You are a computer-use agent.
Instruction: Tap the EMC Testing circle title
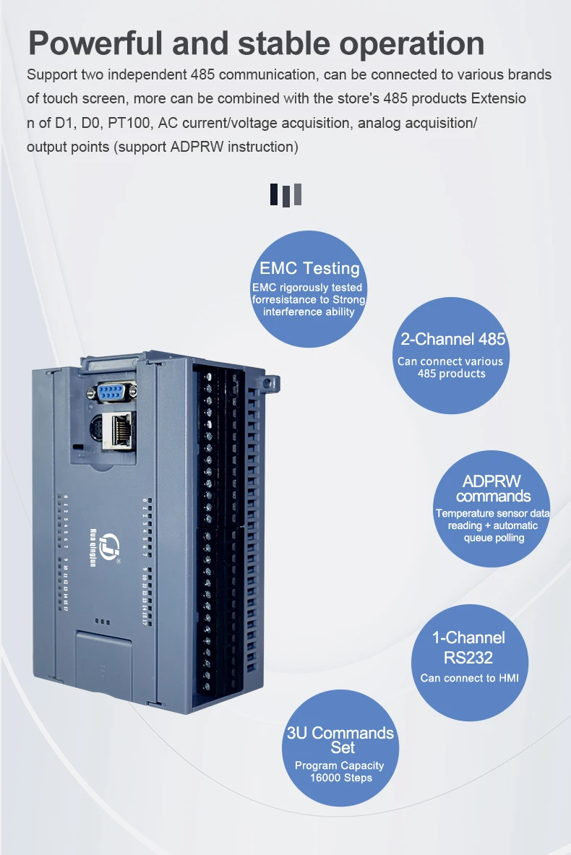click(x=309, y=268)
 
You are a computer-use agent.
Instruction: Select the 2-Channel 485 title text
click(x=452, y=339)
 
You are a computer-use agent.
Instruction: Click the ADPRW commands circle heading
click(x=492, y=489)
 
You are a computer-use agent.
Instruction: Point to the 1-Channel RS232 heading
click(x=468, y=647)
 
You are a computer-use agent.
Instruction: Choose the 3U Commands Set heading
click(x=340, y=739)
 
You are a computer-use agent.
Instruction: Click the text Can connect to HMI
click(x=468, y=678)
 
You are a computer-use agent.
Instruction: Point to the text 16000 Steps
click(x=340, y=778)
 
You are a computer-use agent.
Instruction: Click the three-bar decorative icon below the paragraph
click(x=285, y=194)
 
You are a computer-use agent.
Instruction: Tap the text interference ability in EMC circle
click(x=309, y=312)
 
